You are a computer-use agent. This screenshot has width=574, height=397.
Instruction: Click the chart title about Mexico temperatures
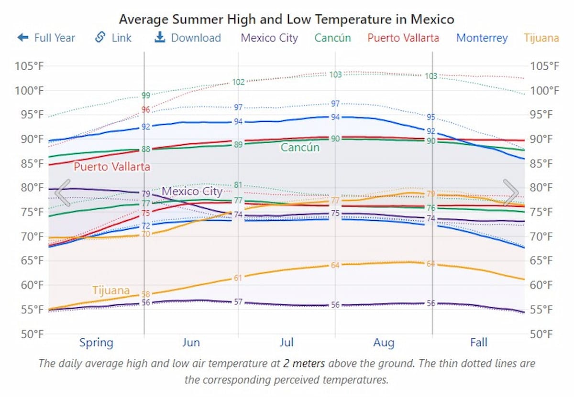[x=286, y=20]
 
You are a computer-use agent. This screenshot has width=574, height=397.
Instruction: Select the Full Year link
[x=46, y=38]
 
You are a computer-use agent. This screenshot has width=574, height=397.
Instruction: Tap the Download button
[x=188, y=38]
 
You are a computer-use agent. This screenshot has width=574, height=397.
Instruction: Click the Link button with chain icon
[x=113, y=38]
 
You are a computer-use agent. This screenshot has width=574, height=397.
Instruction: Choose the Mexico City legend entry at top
[x=269, y=38]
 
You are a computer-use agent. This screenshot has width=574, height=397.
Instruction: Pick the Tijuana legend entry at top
[x=541, y=38]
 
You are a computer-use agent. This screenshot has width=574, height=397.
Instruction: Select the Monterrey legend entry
[x=482, y=38]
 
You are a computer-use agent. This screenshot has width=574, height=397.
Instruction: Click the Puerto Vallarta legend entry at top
[x=403, y=38]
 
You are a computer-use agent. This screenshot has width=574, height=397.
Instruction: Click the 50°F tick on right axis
[x=545, y=333]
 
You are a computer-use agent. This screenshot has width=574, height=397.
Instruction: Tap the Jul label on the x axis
[x=287, y=343]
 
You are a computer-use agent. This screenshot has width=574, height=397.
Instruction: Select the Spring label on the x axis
[x=96, y=343]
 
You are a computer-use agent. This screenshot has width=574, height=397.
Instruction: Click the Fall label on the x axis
[x=478, y=343]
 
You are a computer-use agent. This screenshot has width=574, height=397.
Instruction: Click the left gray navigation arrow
[x=63, y=193]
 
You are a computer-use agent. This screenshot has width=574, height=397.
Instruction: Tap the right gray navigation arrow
[x=510, y=193]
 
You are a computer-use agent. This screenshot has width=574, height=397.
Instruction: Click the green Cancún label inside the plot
[x=300, y=147]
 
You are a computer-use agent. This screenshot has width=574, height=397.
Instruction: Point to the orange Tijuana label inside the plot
[x=111, y=290]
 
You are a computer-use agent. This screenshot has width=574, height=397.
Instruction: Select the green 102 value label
[x=238, y=82]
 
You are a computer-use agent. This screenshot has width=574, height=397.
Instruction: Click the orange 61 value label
[x=238, y=278]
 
